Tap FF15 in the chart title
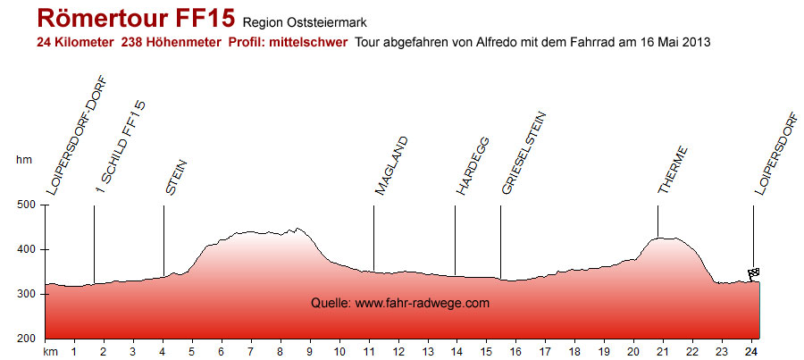(202, 19)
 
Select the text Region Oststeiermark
(305, 22)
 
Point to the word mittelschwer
(308, 42)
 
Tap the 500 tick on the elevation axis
(26, 205)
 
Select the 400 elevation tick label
(26, 250)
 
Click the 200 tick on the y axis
(26, 339)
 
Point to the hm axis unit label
(24, 160)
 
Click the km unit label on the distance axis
(50, 352)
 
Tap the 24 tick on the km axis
(752, 352)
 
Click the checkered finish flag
(753, 273)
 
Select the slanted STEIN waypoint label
(176, 176)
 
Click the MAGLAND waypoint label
(391, 166)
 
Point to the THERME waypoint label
(673, 170)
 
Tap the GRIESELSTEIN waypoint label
(523, 153)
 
